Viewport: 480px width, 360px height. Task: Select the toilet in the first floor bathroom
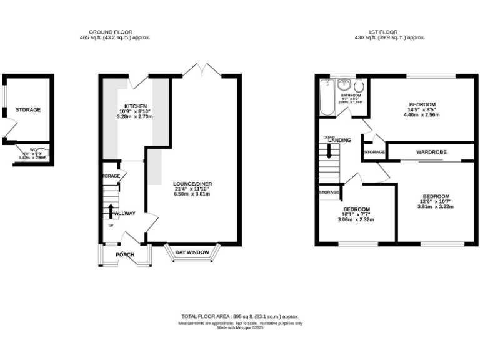click(358, 86)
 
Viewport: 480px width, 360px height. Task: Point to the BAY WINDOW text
click(192, 252)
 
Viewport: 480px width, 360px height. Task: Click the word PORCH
click(125, 254)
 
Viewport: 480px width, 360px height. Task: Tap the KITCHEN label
click(136, 106)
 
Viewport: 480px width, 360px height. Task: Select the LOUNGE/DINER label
click(192, 183)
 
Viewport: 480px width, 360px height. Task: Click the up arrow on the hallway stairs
click(111, 211)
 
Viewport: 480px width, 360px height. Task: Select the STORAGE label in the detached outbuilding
click(28, 109)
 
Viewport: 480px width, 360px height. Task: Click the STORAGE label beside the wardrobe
click(374, 152)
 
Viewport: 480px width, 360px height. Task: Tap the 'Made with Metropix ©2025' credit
click(240, 327)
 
